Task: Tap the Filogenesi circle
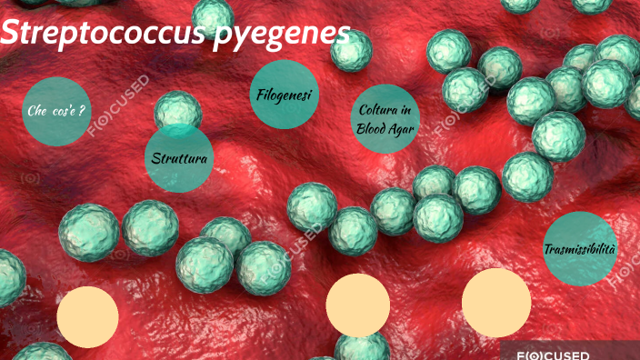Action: click(284, 94)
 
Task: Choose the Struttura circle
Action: click(180, 158)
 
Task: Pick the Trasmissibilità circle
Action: click(579, 249)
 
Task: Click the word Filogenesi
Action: click(284, 94)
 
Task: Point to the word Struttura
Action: click(180, 159)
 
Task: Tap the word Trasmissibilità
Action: click(579, 249)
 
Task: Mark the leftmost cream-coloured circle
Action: click(88, 316)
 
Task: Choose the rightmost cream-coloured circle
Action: click(496, 302)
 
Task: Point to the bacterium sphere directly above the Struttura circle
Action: click(177, 111)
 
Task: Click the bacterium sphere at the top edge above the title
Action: click(213, 13)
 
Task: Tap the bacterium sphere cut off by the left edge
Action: click(7, 277)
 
